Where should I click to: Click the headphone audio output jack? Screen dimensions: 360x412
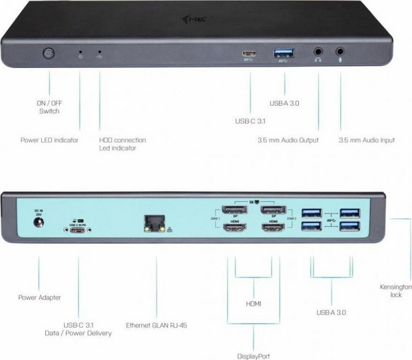point(319,52)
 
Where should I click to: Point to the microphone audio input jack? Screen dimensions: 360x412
point(341,52)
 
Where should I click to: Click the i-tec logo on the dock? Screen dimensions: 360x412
point(197,28)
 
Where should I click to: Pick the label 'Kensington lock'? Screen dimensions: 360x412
point(396,290)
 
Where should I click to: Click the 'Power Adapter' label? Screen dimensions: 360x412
point(39,297)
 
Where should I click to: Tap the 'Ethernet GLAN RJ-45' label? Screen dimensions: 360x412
point(157,325)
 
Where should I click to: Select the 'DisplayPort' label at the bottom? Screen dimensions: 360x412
point(254,356)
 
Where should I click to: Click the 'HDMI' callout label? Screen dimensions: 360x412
point(254,302)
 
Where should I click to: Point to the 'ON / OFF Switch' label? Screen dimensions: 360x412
point(48,106)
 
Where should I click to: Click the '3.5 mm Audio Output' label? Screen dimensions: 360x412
point(288,140)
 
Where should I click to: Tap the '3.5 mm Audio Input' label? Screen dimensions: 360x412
point(367,140)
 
